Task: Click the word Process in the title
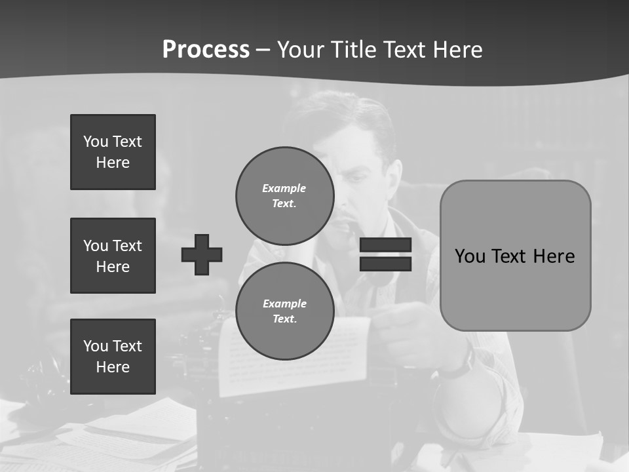(x=206, y=50)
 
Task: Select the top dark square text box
(x=113, y=152)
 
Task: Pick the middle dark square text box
(x=113, y=256)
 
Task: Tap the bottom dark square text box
(x=113, y=357)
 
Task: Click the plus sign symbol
(x=202, y=254)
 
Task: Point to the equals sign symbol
(x=385, y=254)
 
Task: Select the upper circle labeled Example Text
(x=284, y=195)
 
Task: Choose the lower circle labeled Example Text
(x=284, y=311)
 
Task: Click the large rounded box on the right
(x=515, y=256)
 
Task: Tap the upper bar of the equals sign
(x=385, y=245)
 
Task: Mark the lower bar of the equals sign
(x=385, y=264)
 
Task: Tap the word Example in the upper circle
(x=284, y=188)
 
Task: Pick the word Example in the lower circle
(x=284, y=304)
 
